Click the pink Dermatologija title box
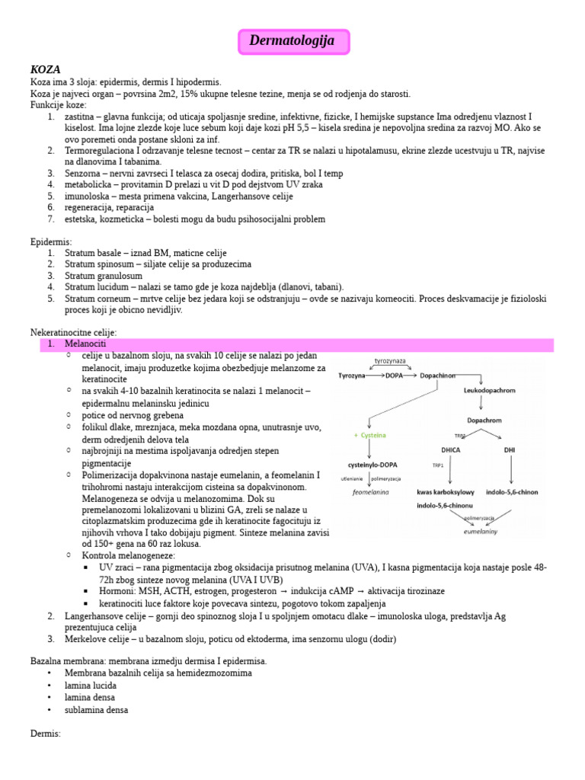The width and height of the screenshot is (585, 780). click(293, 41)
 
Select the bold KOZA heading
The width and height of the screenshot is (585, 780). click(46, 69)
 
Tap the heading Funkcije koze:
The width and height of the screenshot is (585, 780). click(59, 104)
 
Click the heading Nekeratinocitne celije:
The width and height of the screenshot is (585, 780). click(74, 333)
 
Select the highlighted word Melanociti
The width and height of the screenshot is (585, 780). click(87, 344)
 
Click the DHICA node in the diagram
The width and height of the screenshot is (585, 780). click(450, 449)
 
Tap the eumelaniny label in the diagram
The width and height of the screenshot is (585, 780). click(481, 532)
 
